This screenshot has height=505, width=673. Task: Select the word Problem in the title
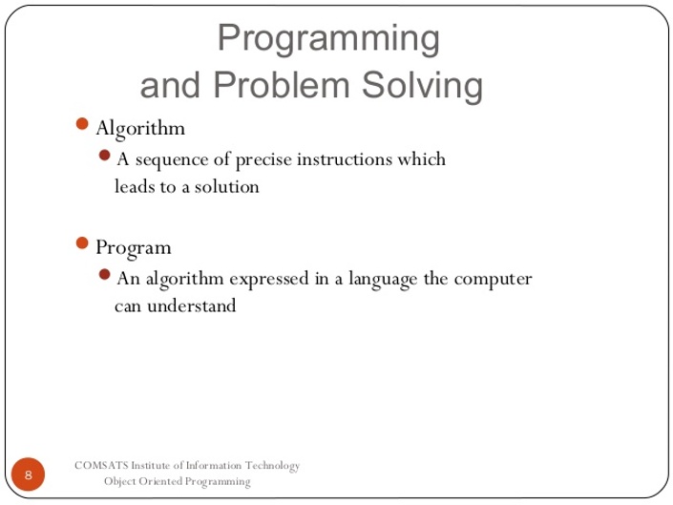click(282, 85)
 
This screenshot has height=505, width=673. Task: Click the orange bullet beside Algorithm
click(81, 124)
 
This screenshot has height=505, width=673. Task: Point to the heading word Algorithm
click(140, 128)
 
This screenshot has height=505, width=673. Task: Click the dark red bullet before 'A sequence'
click(104, 155)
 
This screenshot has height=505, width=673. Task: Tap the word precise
click(263, 160)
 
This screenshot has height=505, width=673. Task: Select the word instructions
click(345, 159)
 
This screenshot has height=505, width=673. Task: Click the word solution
click(226, 187)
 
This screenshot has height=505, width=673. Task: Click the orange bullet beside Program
click(81, 242)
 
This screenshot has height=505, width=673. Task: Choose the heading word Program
click(134, 248)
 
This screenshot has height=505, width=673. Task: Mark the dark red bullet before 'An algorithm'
click(104, 274)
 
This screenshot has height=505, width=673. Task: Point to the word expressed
click(268, 280)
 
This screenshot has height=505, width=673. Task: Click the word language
click(383, 280)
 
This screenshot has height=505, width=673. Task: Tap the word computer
click(494, 280)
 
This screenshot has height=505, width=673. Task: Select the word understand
click(192, 305)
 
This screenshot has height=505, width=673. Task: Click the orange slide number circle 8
click(28, 474)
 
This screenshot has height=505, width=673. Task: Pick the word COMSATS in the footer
click(101, 466)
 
